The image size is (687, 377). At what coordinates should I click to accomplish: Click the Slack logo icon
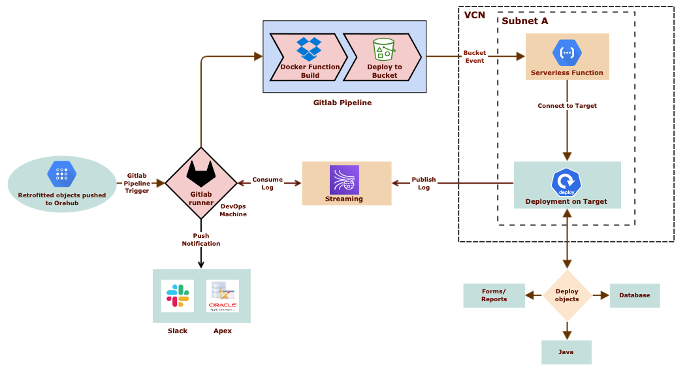click(177, 296)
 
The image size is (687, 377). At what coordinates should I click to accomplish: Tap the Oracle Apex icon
click(223, 296)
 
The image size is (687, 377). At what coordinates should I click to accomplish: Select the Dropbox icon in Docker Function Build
click(309, 49)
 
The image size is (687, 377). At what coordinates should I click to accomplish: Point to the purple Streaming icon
click(344, 180)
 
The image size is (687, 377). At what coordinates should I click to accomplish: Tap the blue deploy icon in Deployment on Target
click(566, 184)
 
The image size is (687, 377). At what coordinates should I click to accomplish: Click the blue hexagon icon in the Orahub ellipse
click(62, 174)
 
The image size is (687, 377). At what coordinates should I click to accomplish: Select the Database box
click(635, 295)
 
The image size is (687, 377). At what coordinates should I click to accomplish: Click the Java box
click(566, 352)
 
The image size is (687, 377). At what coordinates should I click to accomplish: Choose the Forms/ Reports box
click(494, 295)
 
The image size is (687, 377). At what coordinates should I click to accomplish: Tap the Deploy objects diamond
click(566, 295)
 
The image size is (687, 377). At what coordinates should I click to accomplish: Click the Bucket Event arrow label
click(474, 56)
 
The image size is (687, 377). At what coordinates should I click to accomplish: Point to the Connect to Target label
click(567, 105)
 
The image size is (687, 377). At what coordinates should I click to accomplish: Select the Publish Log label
click(423, 184)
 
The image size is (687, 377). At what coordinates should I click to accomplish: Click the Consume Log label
click(267, 183)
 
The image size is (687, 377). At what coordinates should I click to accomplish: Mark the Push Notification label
click(200, 239)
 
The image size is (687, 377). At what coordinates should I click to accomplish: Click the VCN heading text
click(474, 15)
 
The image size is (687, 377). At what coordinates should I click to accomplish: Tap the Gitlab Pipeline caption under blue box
click(342, 103)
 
